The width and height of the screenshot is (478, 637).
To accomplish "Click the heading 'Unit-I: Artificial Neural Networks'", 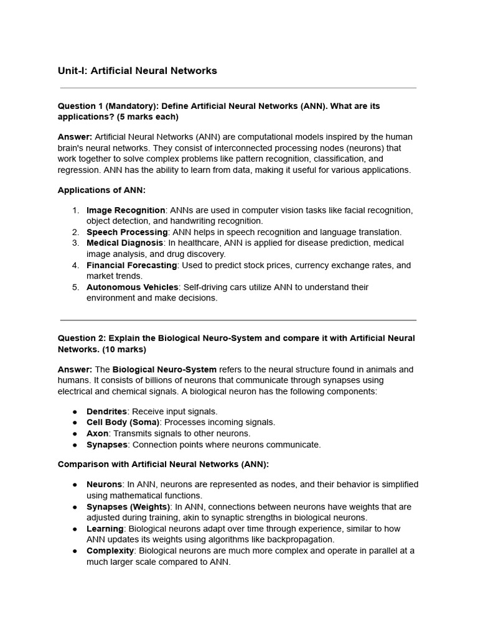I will [x=137, y=71].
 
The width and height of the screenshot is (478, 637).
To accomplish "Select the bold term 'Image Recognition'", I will [x=126, y=210].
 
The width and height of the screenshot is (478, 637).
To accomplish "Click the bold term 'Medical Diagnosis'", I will [x=124, y=243].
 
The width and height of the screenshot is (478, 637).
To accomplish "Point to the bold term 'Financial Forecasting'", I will [x=131, y=265].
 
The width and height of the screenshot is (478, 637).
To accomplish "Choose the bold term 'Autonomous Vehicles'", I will [x=132, y=287].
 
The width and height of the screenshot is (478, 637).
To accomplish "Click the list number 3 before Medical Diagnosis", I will [x=75, y=243].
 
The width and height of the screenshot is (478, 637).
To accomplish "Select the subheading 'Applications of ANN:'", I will [x=101, y=190].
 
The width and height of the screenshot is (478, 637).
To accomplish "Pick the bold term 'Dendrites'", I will [x=106, y=411].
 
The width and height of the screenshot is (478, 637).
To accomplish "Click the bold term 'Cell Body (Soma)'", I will [x=123, y=422].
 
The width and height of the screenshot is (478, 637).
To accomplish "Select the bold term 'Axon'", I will [x=97, y=434].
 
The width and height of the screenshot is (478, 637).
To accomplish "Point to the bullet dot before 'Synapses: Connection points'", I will [x=75, y=445].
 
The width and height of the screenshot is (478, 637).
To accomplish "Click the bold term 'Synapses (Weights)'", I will [x=128, y=507].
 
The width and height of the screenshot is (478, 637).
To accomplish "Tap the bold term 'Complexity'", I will [x=110, y=551].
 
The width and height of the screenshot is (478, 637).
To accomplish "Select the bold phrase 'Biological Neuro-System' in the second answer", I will [x=164, y=370].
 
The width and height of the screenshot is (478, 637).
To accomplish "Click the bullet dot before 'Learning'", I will [x=75, y=529].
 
